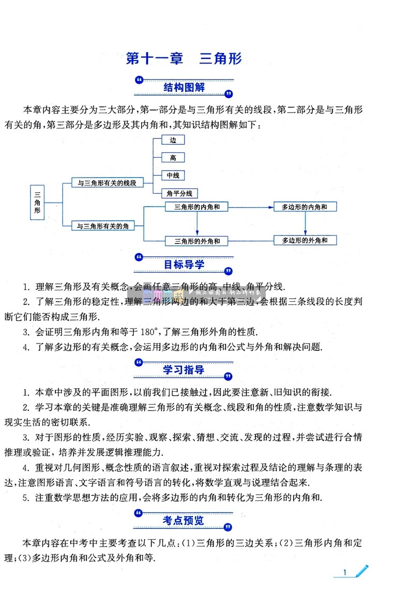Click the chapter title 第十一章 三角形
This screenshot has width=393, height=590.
(184, 58)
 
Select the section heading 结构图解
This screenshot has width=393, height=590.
(184, 87)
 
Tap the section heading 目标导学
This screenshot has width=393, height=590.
(184, 265)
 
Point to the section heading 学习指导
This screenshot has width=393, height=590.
(184, 370)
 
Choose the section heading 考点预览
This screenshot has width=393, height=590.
(184, 520)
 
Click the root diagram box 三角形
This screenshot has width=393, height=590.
(37, 203)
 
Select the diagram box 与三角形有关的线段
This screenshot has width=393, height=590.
(107, 182)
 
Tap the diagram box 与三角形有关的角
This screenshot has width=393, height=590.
(103, 225)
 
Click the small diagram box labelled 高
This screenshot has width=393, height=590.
(173, 158)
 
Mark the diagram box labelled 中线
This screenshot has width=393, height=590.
(173, 176)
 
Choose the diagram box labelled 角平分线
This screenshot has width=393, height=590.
(179, 193)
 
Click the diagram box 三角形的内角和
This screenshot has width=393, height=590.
(198, 207)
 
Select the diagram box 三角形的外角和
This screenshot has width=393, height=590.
(198, 240)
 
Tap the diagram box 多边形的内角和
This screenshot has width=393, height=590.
(305, 207)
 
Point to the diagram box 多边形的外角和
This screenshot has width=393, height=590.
(305, 240)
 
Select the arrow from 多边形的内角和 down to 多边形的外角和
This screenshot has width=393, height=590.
(305, 224)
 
